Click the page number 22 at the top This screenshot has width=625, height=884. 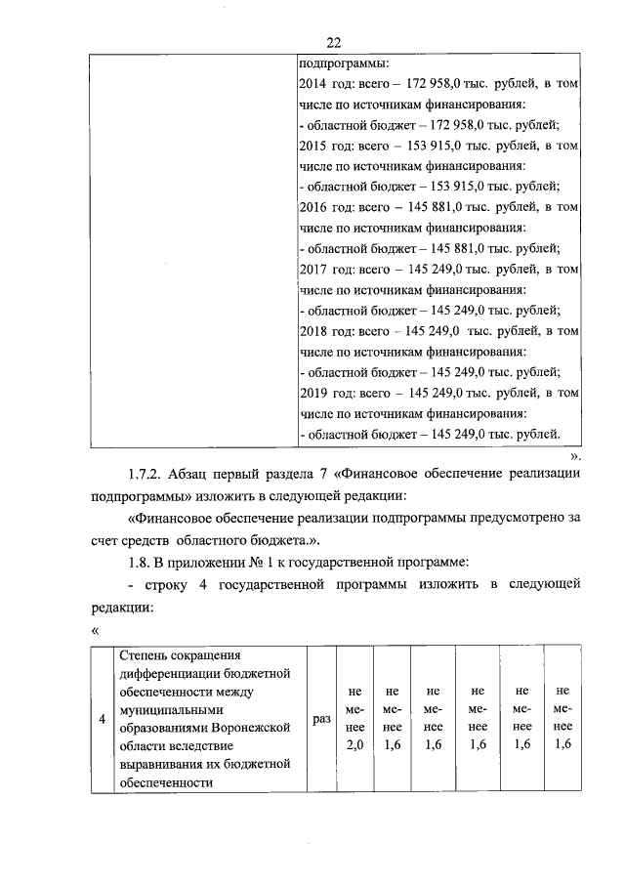[334, 41]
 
